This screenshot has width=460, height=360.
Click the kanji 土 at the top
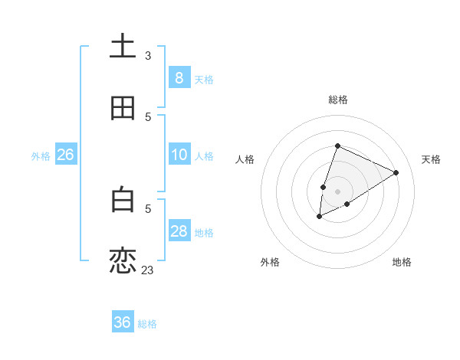(x=123, y=47)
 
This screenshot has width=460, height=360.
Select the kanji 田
(x=123, y=108)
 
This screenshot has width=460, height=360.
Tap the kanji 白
(x=123, y=200)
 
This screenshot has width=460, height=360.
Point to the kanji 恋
(x=123, y=261)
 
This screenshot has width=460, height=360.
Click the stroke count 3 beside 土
(x=148, y=55)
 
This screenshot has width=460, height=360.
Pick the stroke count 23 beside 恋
(x=148, y=270)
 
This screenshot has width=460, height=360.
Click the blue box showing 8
(x=179, y=78)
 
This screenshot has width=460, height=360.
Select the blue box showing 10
(x=179, y=155)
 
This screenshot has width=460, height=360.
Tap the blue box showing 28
(x=179, y=231)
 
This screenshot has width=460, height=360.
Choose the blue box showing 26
(x=65, y=155)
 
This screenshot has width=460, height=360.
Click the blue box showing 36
(x=123, y=322)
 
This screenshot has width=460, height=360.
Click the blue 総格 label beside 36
(x=147, y=324)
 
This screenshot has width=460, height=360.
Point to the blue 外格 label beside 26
(x=41, y=156)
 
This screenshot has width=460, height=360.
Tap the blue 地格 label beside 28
(x=205, y=233)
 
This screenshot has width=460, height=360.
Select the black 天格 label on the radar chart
(x=431, y=159)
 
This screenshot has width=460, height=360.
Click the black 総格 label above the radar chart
(x=338, y=100)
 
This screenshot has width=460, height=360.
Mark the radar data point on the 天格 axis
(x=396, y=172)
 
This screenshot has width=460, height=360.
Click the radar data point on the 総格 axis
(x=337, y=146)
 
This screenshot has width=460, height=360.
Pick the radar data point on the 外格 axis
(x=320, y=217)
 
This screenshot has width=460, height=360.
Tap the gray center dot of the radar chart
(x=338, y=191)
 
